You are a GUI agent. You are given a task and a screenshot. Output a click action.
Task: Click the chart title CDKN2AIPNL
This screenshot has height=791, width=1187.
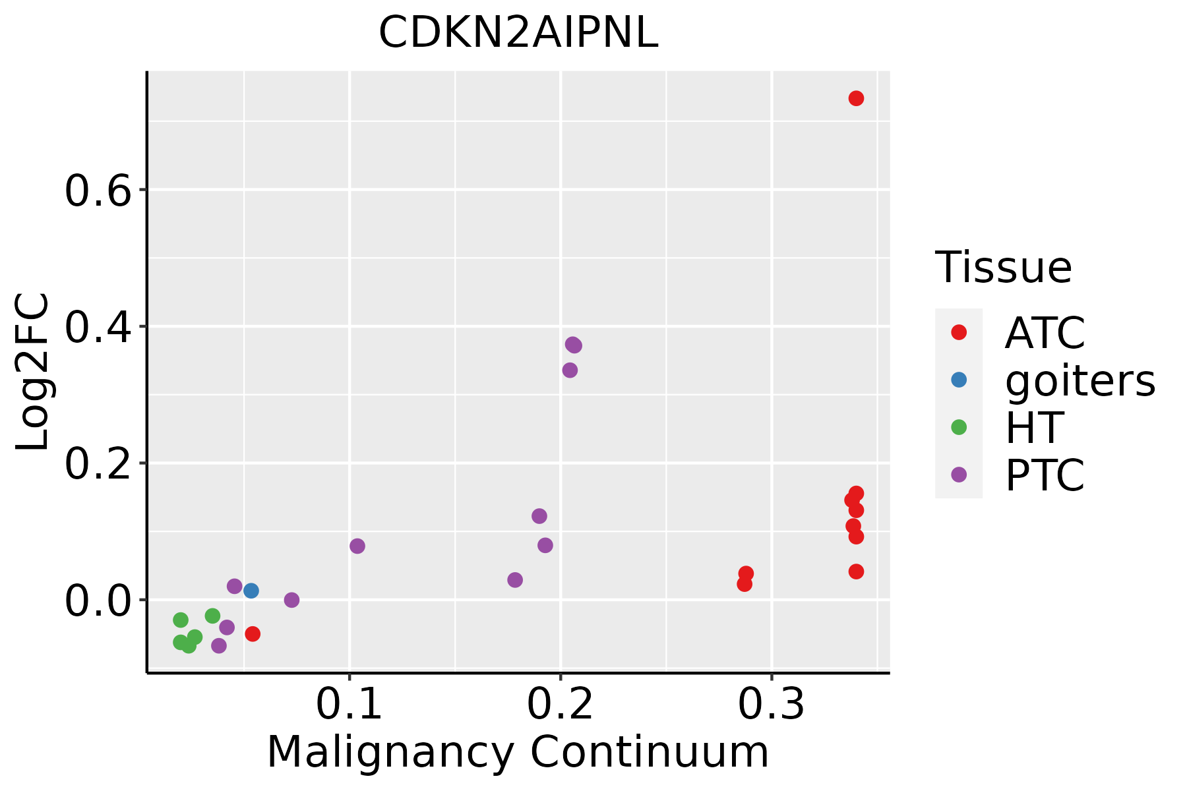(x=518, y=33)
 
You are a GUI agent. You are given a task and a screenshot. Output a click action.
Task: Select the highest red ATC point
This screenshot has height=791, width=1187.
(x=856, y=98)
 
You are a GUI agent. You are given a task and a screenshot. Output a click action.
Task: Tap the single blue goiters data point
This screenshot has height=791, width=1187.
(x=251, y=591)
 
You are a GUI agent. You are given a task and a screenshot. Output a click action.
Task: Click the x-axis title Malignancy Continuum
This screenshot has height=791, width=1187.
(x=518, y=753)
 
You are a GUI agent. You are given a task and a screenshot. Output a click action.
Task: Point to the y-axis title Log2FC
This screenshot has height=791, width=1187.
(x=33, y=372)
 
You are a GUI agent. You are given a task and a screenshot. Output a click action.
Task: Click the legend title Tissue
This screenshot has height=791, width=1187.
(x=1004, y=268)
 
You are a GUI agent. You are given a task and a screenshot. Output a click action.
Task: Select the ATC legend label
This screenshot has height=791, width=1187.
(x=1045, y=333)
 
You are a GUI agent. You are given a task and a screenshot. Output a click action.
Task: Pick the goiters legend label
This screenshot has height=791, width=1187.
(x=1080, y=380)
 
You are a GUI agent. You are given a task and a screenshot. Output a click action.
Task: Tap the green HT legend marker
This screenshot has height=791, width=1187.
(x=959, y=427)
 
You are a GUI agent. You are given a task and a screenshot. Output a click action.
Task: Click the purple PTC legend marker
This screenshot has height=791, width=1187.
(x=959, y=475)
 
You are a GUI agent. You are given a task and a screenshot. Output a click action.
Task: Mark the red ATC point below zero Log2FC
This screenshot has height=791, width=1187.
(x=253, y=634)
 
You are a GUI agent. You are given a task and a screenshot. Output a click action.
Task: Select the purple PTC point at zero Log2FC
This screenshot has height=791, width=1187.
(x=291, y=600)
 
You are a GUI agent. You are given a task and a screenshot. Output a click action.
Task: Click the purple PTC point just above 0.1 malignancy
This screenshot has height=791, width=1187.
(x=357, y=546)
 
